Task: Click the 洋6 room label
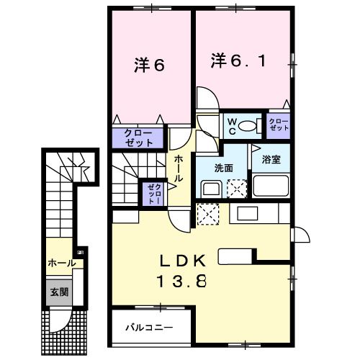point(149,64)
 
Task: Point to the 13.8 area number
point(181,281)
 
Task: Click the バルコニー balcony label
point(149,328)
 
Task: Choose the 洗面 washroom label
point(223,168)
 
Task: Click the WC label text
point(232,127)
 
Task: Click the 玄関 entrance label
point(58,292)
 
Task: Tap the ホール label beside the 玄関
point(62,264)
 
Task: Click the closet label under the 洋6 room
point(138,138)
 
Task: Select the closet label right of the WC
point(278,125)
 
